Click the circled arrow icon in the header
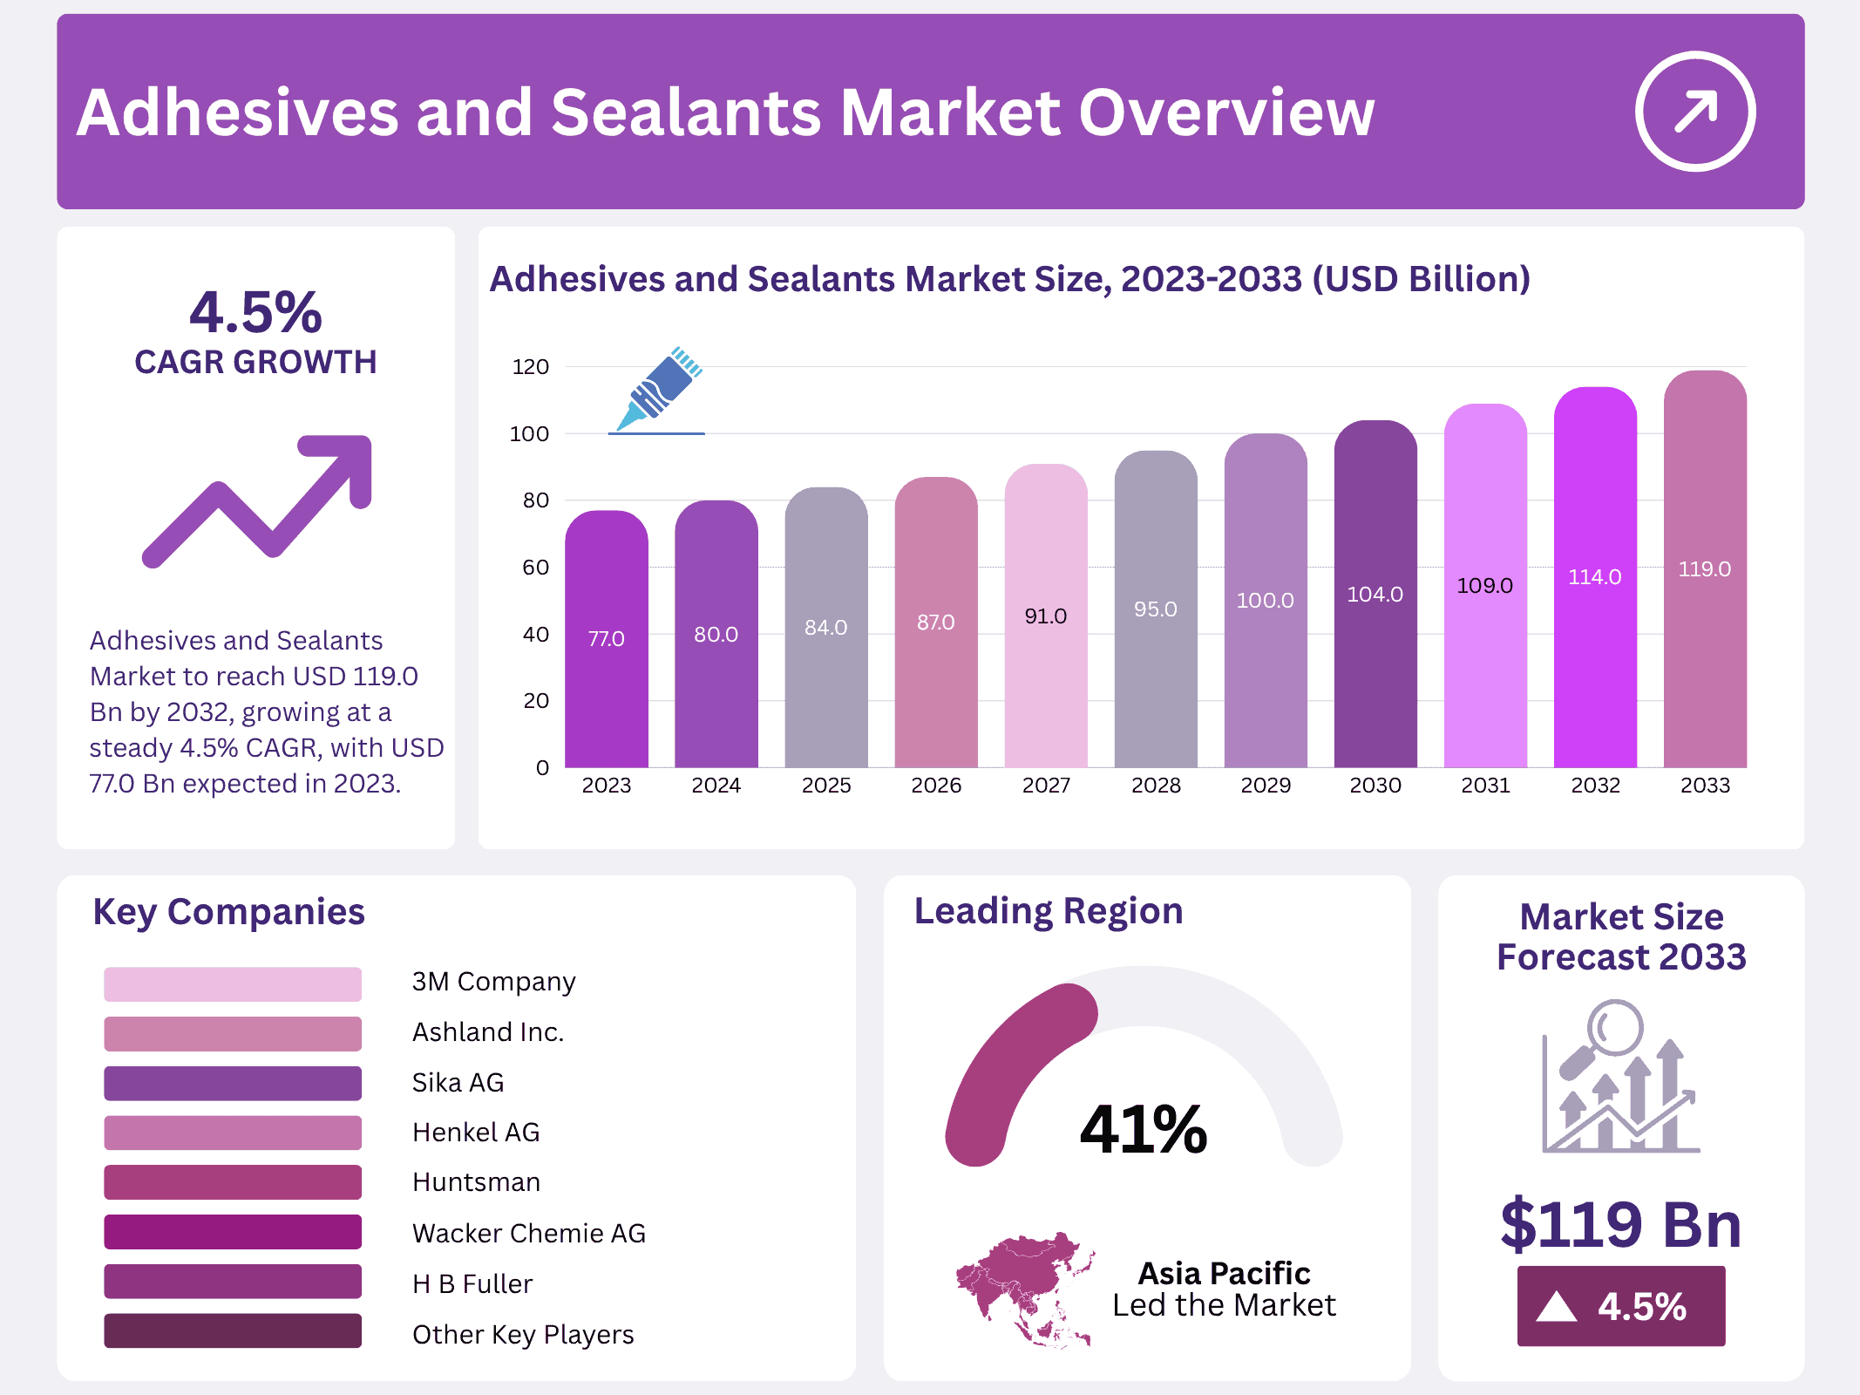tap(1694, 112)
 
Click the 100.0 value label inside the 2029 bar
tap(1265, 601)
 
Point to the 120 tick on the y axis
tap(530, 367)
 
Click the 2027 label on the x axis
tap(1045, 786)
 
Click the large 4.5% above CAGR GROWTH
tap(255, 312)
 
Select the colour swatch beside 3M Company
tap(232, 983)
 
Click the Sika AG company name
tap(458, 1083)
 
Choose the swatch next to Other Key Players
tap(232, 1331)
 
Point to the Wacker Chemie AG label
tap(528, 1234)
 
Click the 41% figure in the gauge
tap(1143, 1130)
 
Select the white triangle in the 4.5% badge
tap(1556, 1307)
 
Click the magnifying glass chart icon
tap(1619, 1078)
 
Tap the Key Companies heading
tap(228, 912)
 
